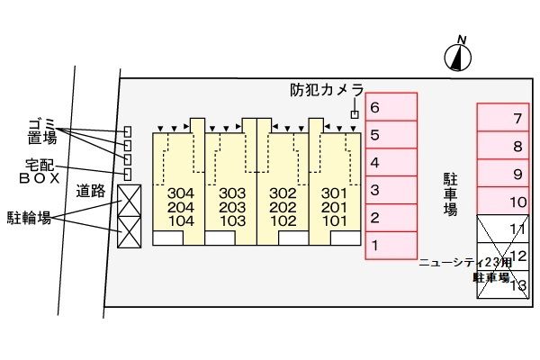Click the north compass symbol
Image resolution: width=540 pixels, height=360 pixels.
459,57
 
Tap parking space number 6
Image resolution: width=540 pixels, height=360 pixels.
391,107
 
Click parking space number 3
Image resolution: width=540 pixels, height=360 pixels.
391,191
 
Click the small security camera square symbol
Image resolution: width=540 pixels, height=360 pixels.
355,114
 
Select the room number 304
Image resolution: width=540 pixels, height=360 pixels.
181,193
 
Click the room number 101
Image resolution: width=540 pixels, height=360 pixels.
334,220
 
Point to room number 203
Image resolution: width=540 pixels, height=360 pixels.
232,207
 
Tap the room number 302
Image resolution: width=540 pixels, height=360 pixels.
283,193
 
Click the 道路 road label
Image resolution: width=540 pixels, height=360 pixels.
92,190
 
